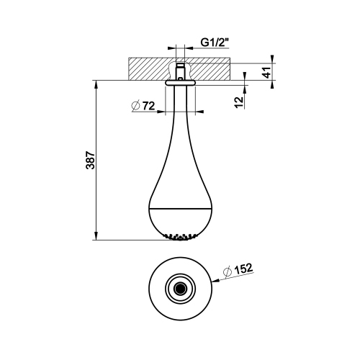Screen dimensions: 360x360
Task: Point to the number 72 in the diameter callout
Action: point(148,106)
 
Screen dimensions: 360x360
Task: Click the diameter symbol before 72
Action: point(135,106)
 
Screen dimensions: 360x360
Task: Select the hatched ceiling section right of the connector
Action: point(210,68)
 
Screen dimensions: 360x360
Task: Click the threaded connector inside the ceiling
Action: point(180,70)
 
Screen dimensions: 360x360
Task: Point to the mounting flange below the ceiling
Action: point(180,84)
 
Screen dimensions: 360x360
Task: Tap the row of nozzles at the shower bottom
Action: point(180,235)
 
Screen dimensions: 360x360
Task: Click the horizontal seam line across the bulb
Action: point(180,210)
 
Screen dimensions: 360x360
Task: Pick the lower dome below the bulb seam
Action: point(180,222)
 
